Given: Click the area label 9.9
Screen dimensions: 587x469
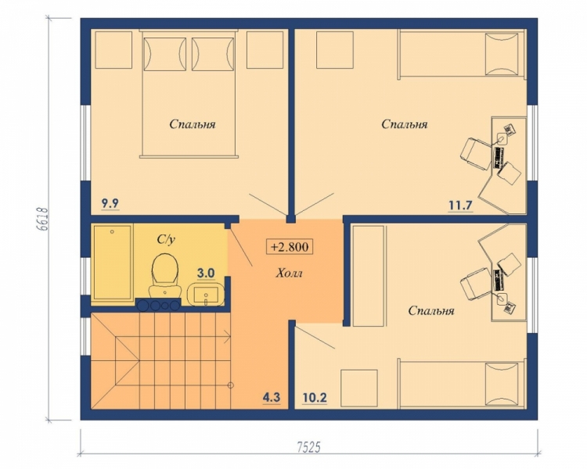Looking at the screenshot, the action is (110, 204).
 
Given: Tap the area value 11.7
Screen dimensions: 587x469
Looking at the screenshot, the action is (460, 206).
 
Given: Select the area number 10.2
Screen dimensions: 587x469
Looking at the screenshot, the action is (315, 398).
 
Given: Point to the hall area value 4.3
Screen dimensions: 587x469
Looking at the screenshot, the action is (272, 398).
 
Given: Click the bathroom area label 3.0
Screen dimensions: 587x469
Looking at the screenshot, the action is (206, 274).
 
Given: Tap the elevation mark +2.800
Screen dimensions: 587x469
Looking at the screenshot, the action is (290, 247).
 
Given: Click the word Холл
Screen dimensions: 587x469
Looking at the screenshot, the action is (289, 274).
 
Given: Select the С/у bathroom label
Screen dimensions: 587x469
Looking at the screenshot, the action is (166, 240).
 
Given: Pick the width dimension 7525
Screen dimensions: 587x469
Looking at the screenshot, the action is (308, 447).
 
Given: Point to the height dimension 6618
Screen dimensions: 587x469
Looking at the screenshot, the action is (43, 219).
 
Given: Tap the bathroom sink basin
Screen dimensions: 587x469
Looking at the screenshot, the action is (205, 295).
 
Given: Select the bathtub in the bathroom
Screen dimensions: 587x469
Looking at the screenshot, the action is (113, 262).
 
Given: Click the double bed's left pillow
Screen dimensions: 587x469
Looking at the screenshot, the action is (165, 54).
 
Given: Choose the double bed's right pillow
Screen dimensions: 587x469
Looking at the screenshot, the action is (213, 54).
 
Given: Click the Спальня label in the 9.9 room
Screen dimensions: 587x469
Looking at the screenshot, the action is (193, 124).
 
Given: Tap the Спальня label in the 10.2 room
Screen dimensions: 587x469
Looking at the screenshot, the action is (431, 311).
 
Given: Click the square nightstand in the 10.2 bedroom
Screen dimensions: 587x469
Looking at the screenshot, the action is (359, 388).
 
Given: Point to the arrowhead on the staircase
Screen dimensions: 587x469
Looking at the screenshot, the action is (228, 337).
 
